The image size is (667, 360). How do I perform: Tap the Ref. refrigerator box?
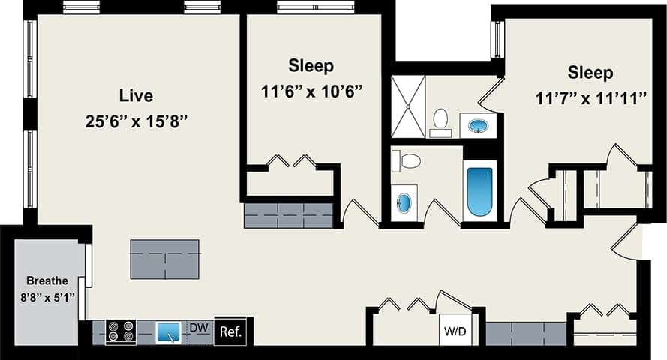230,331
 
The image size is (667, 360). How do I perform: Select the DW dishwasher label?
198,328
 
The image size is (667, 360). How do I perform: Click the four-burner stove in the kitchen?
120,331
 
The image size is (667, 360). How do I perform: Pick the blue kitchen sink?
168,331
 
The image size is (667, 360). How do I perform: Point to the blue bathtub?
480,191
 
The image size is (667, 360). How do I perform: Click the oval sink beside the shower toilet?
478,126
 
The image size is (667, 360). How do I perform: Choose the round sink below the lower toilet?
404,202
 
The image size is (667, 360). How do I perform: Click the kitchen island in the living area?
164,259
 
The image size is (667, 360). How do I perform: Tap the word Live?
136,96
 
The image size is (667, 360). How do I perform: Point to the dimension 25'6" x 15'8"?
136,121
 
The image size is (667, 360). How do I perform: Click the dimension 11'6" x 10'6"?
312,92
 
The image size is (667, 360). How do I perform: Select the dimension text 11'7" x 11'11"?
591,99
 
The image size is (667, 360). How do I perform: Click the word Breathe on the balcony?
47,280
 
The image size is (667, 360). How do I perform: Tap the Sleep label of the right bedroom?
590,73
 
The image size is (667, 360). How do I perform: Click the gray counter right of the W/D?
525,333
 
